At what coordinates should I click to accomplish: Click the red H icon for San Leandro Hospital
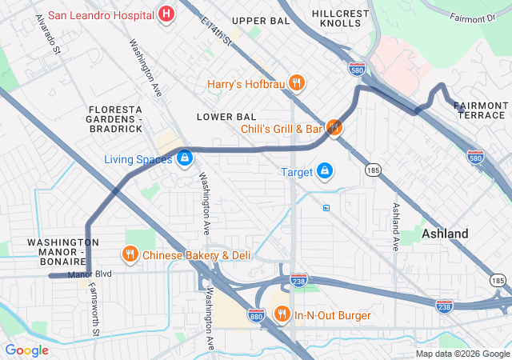tap(166, 14)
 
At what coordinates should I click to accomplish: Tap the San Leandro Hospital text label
tap(101, 14)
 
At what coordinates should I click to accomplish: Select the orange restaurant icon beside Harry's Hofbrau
tap(297, 82)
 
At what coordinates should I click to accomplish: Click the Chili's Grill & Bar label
tap(281, 128)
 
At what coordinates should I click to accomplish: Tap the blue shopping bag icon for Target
tap(325, 171)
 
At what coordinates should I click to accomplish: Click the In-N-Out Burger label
tap(332, 315)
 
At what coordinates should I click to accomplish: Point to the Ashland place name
tap(446, 234)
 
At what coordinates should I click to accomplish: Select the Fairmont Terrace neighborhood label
tap(482, 110)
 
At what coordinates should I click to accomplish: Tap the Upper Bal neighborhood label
tap(260, 20)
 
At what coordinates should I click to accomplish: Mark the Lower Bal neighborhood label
tap(226, 117)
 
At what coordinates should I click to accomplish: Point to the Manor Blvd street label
tap(90, 275)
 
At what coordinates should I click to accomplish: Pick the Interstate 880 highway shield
tap(256, 315)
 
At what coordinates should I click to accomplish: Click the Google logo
tap(26, 350)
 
